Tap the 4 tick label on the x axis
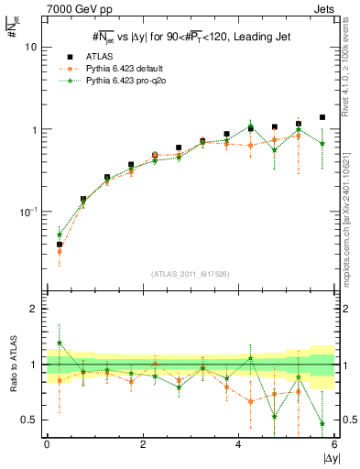(x=239, y=444)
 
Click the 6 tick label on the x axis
(x=334, y=444)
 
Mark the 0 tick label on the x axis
(x=47, y=444)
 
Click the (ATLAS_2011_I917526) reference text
(x=190, y=274)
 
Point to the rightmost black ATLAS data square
(x=322, y=117)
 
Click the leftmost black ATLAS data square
(x=60, y=245)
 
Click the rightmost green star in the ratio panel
(x=322, y=423)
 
